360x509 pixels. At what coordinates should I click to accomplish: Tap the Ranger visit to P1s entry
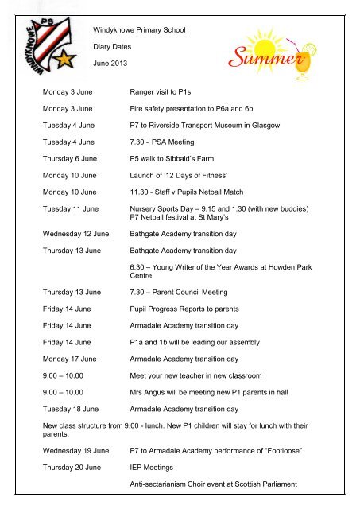click(x=164, y=92)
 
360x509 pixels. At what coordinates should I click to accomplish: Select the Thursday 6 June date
click(x=71, y=158)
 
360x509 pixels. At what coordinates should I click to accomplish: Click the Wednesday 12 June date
click(x=76, y=235)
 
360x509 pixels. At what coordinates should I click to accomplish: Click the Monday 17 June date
click(x=70, y=359)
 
